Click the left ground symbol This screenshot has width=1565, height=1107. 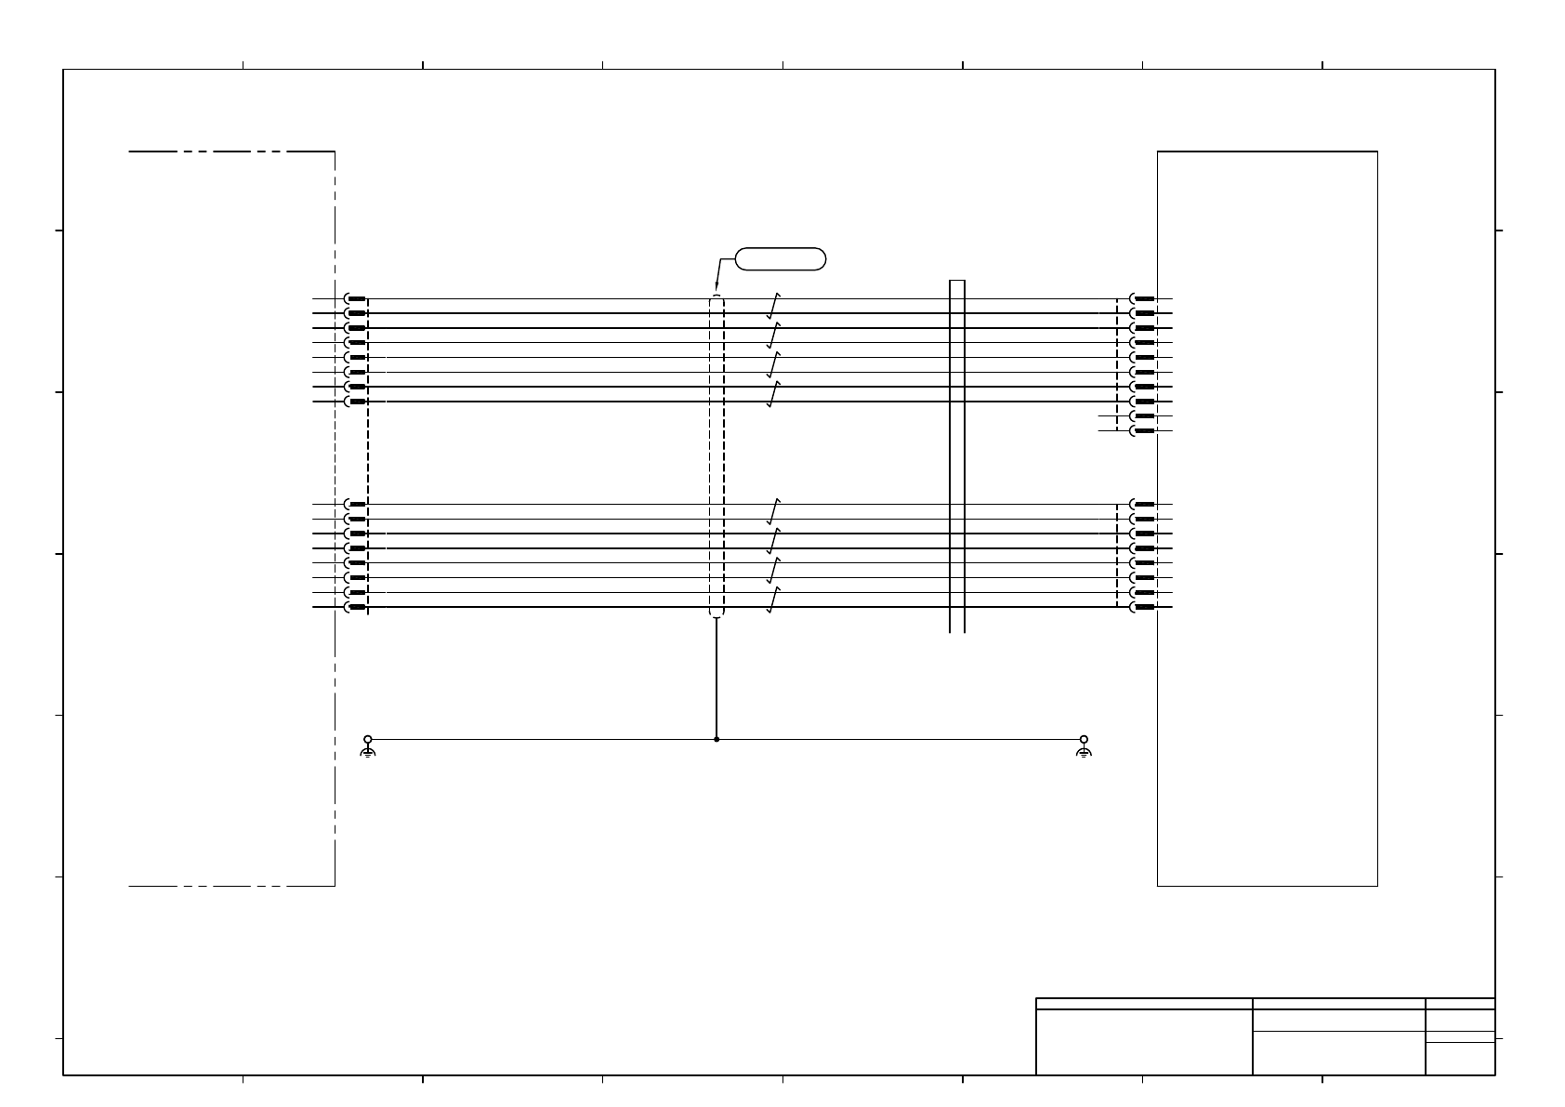(x=368, y=747)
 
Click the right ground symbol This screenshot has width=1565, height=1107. (x=1084, y=747)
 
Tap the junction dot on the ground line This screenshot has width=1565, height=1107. (x=717, y=740)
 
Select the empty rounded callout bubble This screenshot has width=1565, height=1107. (x=781, y=258)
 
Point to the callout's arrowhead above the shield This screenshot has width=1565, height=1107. (x=717, y=284)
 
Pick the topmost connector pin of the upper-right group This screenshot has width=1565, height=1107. (x=1142, y=299)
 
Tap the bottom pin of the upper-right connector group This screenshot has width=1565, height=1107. (x=1142, y=431)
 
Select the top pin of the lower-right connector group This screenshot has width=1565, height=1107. (x=1142, y=504)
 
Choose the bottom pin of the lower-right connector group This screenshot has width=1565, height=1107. (x=1142, y=607)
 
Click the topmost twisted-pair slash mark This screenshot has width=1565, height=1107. (x=773, y=306)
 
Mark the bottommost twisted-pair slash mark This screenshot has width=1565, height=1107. (x=773, y=600)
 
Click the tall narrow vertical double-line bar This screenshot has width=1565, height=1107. (x=957, y=455)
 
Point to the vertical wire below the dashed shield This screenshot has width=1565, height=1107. (x=717, y=679)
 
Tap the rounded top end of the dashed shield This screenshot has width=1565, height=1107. (x=716, y=297)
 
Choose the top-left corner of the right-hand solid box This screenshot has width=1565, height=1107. (x=1158, y=152)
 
